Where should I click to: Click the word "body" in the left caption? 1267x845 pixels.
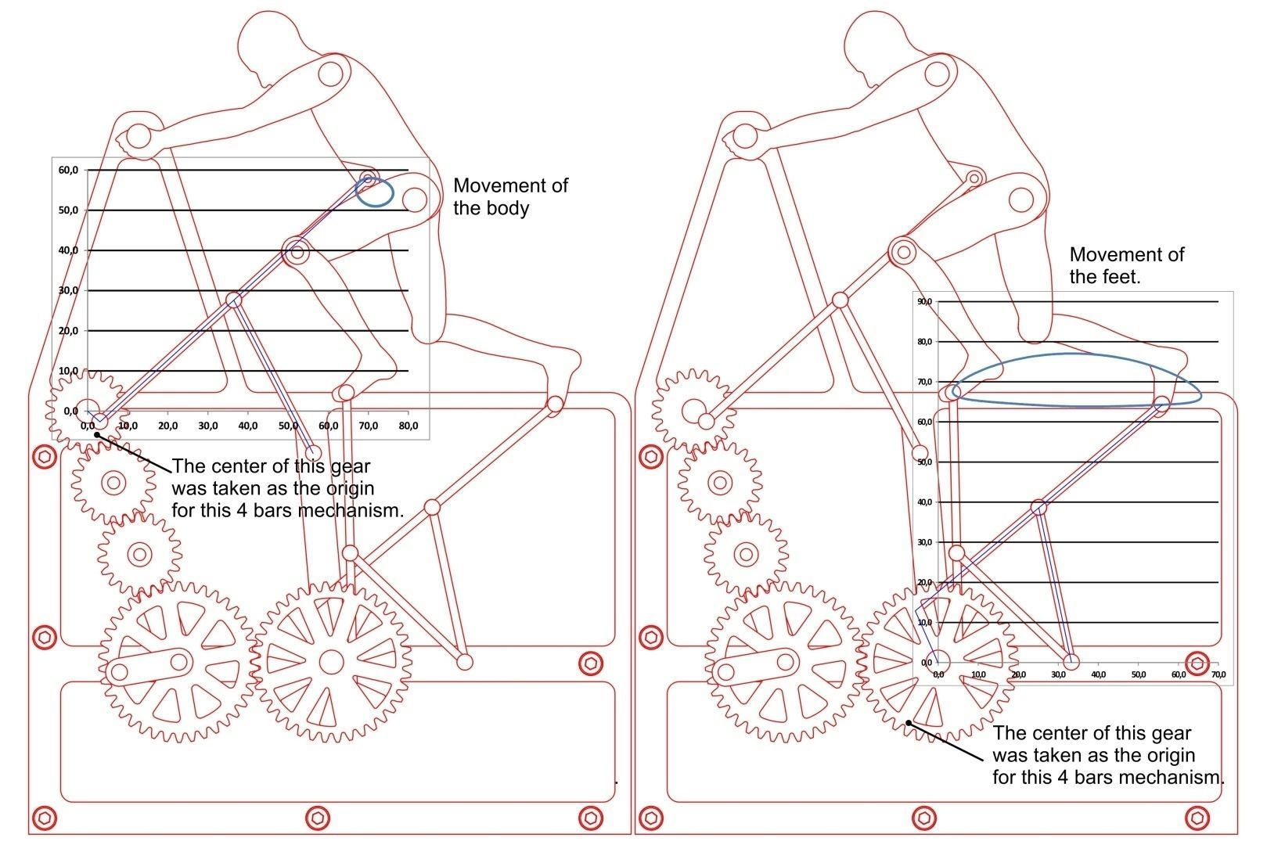click(506, 208)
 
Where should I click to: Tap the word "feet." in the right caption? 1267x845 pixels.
click(1121, 277)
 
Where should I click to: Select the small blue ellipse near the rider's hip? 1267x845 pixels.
click(374, 192)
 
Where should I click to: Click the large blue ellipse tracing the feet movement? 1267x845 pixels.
click(1078, 355)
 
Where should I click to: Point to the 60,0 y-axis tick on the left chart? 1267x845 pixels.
click(68, 170)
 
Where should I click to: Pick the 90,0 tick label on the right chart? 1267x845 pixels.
click(924, 301)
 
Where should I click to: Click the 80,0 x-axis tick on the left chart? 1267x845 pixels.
click(408, 426)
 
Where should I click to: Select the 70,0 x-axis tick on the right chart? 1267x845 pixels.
click(1218, 674)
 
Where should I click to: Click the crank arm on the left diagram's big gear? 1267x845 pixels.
click(149, 667)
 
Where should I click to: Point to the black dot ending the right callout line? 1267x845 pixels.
click(908, 723)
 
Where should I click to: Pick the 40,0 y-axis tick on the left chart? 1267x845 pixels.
click(68, 250)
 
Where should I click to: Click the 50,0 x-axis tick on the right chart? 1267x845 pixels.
click(1138, 674)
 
